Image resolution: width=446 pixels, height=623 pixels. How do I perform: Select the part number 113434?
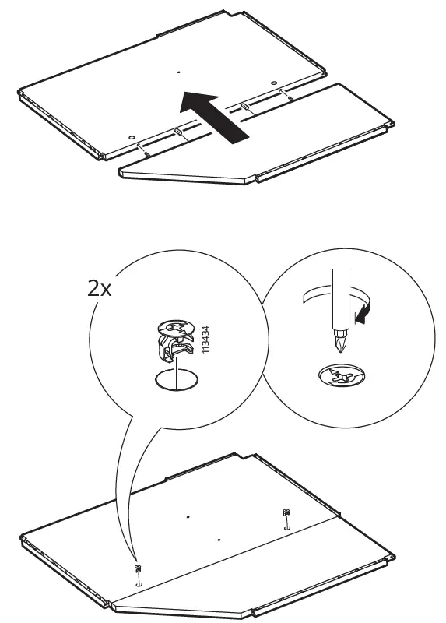[205, 340]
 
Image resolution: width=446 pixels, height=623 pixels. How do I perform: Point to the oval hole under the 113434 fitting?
[177, 380]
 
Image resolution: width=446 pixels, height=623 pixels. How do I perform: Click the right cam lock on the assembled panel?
[286, 513]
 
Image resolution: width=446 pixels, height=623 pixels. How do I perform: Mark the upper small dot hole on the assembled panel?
[188, 516]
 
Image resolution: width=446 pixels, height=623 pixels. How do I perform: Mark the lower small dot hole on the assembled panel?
[219, 539]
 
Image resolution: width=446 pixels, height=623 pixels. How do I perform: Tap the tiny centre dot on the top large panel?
[177, 73]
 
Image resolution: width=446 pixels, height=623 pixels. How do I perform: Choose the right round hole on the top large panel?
[275, 82]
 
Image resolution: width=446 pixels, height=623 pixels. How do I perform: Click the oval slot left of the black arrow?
[178, 133]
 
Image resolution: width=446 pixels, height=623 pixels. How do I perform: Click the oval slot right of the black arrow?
[245, 104]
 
